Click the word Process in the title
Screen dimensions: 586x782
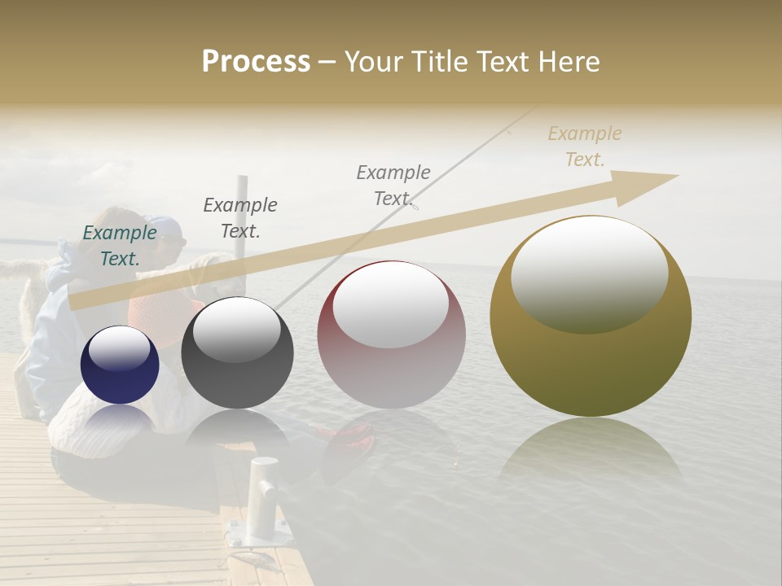click(x=256, y=62)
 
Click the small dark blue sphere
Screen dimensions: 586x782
click(x=120, y=365)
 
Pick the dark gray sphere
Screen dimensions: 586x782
click(x=237, y=352)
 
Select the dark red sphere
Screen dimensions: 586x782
click(x=391, y=335)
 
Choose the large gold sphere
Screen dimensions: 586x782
click(x=591, y=317)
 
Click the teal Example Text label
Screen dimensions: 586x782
click(x=119, y=246)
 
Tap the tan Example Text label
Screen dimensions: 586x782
click(x=584, y=146)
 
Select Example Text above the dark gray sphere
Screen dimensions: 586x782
click(x=239, y=217)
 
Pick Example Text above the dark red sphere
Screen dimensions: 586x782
click(x=393, y=185)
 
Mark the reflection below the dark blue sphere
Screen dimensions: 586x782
click(x=120, y=419)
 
